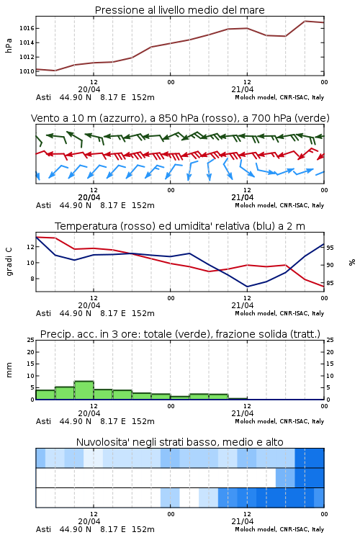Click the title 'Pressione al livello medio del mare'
(x=179, y=10)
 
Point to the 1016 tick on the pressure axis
(x=27, y=28)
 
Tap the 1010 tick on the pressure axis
(x=27, y=71)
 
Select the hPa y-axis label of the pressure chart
(x=9, y=45)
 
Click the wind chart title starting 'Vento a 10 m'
(x=180, y=118)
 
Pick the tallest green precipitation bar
(x=84, y=390)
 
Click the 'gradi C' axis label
(x=9, y=262)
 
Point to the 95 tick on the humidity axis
(x=330, y=248)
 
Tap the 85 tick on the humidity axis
(x=330, y=283)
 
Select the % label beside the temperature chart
(x=352, y=262)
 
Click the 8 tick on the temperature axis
(x=32, y=279)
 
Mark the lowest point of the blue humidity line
(x=247, y=287)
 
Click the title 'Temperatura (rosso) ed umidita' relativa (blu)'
(x=180, y=226)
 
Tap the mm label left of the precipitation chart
(x=9, y=370)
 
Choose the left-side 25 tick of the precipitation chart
(x=31, y=340)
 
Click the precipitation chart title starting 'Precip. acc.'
(x=180, y=334)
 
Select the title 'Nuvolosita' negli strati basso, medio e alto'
(x=180, y=442)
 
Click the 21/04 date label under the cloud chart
(x=242, y=521)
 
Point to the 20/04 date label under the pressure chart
(x=89, y=89)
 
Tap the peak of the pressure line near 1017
(x=305, y=21)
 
